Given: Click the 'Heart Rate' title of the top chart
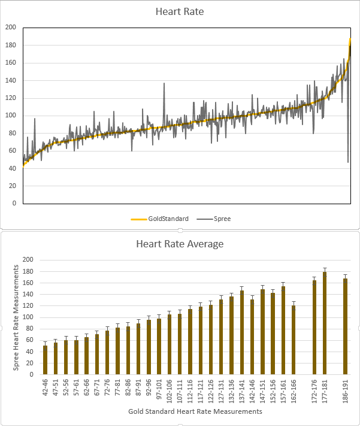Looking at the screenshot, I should click(180, 11).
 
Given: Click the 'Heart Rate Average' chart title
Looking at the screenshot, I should click(180, 244).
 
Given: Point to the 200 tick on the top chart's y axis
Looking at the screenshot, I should click(11, 28).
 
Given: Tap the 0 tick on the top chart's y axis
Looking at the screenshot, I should click(14, 203).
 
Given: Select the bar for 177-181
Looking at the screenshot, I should click(325, 323).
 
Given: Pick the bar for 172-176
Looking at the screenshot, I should click(314, 327).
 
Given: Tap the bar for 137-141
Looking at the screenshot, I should click(242, 332).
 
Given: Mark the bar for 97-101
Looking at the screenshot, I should click(159, 346).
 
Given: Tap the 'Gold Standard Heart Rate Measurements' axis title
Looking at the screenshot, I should click(195, 412).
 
